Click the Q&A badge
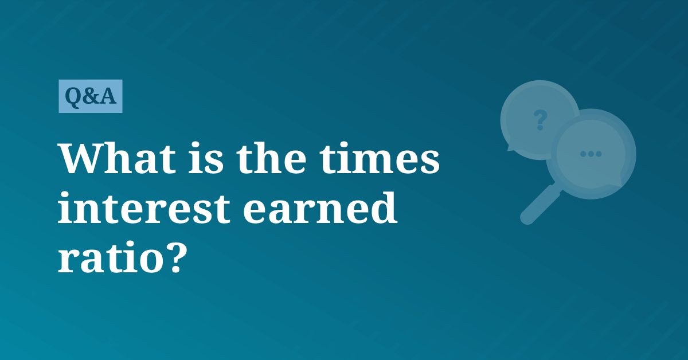[91, 96]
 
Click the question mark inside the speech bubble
[540, 120]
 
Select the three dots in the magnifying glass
[591, 154]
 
